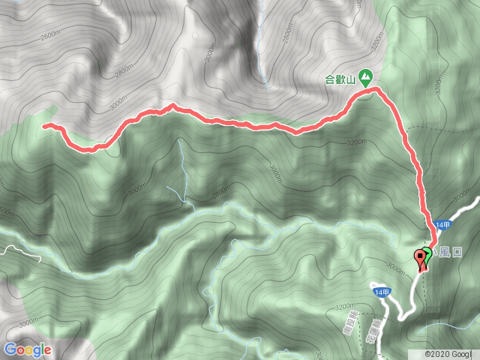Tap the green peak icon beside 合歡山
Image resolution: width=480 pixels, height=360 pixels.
pyautogui.click(x=365, y=75)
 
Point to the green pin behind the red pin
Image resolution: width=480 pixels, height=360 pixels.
pyautogui.click(x=427, y=253)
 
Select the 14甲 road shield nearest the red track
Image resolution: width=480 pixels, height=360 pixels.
pyautogui.click(x=442, y=224)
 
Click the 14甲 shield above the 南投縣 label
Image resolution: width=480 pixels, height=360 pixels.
pyautogui.click(x=380, y=291)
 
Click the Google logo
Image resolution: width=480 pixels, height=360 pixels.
pyautogui.click(x=27, y=349)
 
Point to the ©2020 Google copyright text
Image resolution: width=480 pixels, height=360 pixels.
pyautogui.click(x=449, y=354)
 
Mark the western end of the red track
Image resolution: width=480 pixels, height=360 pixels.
pyautogui.click(x=44, y=126)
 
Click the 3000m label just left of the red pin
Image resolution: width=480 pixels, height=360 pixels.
pyautogui.click(x=396, y=266)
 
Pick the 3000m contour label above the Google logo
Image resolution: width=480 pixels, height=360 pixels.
pyautogui.click(x=28, y=322)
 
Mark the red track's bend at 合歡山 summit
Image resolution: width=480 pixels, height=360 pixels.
pyautogui.click(x=375, y=89)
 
